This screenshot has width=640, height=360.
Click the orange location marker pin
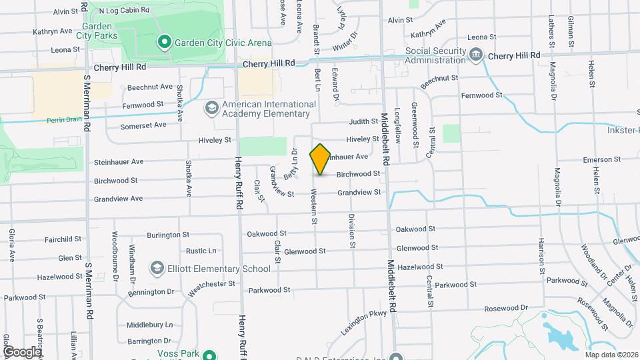point(320,159)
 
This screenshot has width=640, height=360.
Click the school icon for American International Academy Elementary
point(211,108)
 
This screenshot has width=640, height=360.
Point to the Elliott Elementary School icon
point(157,269)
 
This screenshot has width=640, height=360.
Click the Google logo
point(22,351)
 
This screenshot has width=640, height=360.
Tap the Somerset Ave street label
point(143,125)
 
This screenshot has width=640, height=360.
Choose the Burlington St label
point(164,235)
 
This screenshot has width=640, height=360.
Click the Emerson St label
point(601,160)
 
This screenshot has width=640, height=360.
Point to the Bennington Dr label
point(151,291)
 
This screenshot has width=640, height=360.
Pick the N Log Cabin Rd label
point(123,11)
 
